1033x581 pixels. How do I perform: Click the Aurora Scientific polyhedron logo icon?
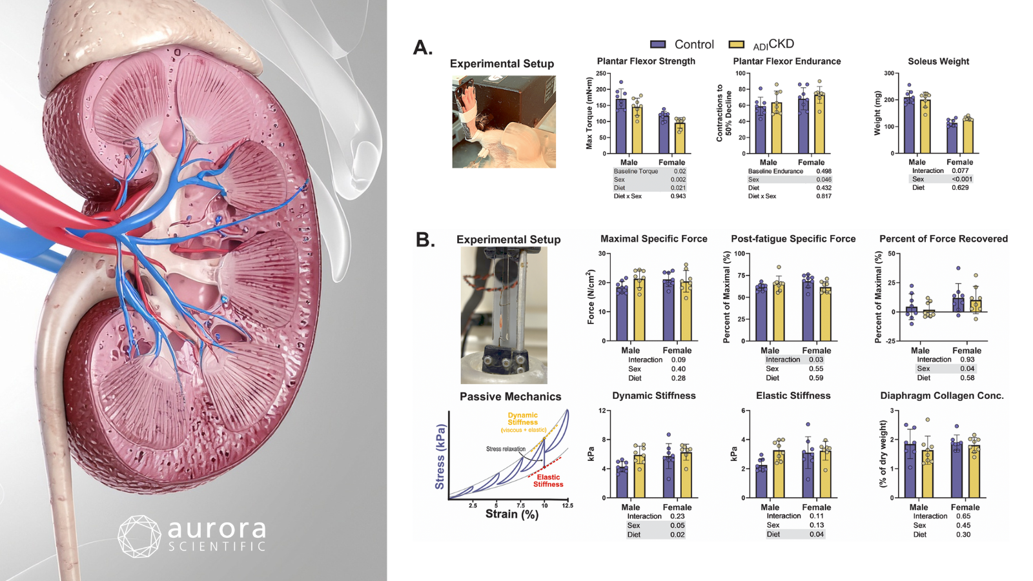pos(139,536)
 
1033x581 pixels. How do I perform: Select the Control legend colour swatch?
pos(658,45)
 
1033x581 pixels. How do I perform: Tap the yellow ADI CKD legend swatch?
pos(736,45)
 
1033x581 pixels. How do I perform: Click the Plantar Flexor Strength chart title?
pos(646,61)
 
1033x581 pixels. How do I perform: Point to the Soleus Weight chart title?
pos(938,61)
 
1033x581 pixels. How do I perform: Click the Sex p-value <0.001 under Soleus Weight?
pos(961,179)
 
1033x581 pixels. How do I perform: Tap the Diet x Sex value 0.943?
pos(678,196)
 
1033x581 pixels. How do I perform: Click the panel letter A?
pos(423,48)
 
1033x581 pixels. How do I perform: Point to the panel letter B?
pos(425,240)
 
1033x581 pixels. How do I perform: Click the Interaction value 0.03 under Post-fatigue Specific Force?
pos(816,360)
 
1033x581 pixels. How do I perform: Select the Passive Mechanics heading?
pos(510,397)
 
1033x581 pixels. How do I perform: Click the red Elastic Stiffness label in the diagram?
pos(548,481)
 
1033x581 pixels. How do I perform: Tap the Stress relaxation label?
pos(506,449)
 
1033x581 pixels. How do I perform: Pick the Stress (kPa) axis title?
pos(440,456)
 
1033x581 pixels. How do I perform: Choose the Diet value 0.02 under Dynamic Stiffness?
pos(677,535)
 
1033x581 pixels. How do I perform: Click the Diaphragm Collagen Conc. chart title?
pos(941,396)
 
